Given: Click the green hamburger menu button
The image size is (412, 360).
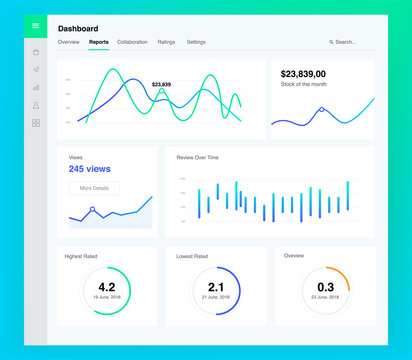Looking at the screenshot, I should (x=36, y=26).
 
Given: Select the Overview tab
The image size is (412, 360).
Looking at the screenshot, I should (x=69, y=42).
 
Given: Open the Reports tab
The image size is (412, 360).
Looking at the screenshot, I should (x=99, y=42).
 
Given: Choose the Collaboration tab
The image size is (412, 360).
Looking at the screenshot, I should (x=132, y=42).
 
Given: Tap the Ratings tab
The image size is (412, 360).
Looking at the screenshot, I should (x=166, y=42).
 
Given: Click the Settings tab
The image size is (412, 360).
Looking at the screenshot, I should (x=196, y=42).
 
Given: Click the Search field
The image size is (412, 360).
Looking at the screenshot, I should (x=345, y=42).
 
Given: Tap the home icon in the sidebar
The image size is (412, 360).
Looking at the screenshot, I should (x=36, y=52).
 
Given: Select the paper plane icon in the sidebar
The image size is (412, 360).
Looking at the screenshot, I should (x=36, y=70).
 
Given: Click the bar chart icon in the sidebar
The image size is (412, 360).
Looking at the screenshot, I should (x=36, y=87).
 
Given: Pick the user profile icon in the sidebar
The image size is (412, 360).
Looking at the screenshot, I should (x=36, y=105).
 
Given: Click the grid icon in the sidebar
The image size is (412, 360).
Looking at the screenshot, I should (x=36, y=123).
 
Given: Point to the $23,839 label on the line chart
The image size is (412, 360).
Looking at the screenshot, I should (x=161, y=84).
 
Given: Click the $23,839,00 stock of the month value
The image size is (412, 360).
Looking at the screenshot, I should (x=310, y=74).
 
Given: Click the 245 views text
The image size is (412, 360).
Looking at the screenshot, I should (x=90, y=169).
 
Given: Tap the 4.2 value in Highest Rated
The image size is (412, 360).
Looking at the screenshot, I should (x=107, y=288).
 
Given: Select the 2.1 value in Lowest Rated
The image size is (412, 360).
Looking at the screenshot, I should (x=215, y=288).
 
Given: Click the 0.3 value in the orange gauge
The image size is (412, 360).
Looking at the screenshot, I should (x=325, y=288).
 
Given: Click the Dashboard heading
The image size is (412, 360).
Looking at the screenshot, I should (x=78, y=29).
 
